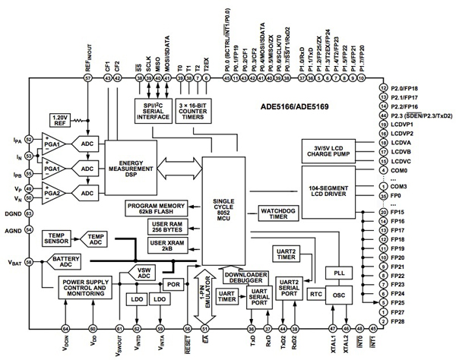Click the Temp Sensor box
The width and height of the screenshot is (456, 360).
[58, 241]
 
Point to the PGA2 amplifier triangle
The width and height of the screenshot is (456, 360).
[52, 193]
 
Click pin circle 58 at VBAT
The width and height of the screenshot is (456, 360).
[29, 261]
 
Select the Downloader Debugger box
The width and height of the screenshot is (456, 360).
[245, 278]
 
